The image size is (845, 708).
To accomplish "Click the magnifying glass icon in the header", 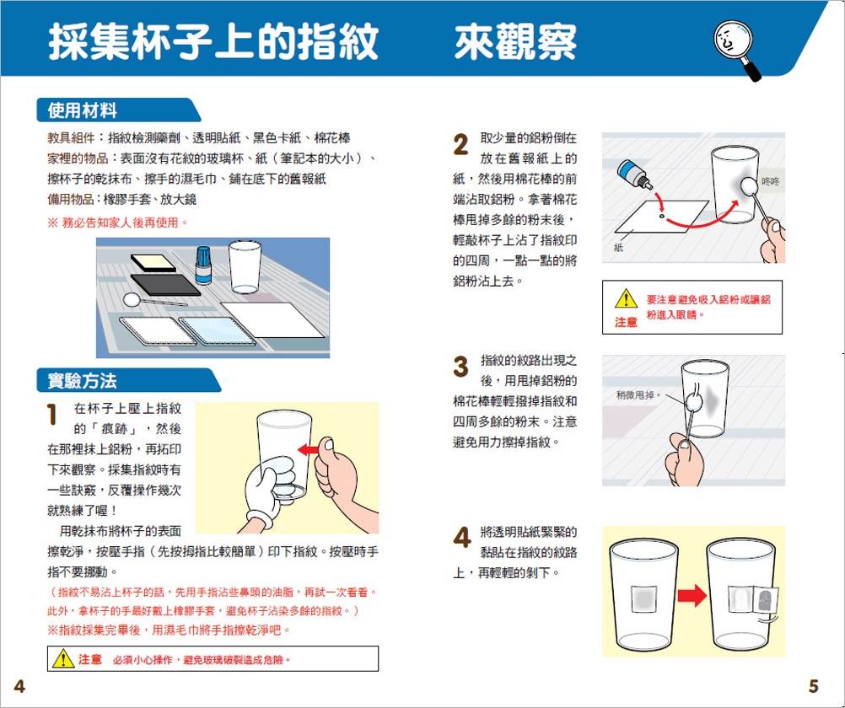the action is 735,49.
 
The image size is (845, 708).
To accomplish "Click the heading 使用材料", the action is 82,110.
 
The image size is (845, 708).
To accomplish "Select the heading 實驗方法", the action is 82,381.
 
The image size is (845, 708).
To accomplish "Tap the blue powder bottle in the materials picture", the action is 203,265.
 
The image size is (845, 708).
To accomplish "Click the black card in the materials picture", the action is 165,285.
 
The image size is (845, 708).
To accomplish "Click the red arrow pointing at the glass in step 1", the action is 309,449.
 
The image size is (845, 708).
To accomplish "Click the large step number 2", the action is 460,144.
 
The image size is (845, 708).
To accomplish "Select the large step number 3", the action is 460,367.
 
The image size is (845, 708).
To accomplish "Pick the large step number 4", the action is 462,538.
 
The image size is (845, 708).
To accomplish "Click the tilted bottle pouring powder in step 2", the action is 635,174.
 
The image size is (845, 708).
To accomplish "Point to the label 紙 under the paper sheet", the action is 618,247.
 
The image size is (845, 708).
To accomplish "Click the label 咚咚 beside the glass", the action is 771,182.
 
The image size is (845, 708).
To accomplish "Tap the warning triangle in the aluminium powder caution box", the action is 626,298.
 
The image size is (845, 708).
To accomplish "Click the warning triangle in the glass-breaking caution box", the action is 63,658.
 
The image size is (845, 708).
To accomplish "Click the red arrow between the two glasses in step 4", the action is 692,595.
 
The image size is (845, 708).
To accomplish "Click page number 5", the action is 813,686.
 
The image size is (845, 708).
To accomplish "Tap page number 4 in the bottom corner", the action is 19,686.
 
